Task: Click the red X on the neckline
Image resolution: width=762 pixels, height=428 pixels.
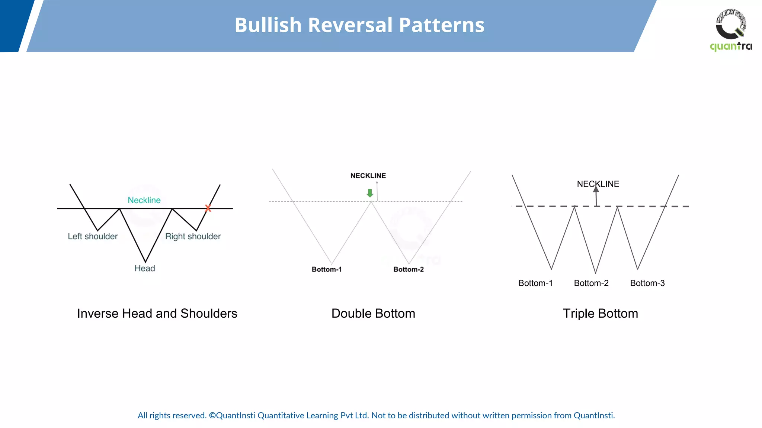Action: coord(208,208)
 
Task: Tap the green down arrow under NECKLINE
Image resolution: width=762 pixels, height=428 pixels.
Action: coord(370,193)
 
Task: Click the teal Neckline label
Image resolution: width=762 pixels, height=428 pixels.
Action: coord(144,200)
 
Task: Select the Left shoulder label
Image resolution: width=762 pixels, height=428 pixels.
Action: coord(93,236)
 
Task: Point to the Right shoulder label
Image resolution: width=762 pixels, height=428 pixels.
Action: coord(193,236)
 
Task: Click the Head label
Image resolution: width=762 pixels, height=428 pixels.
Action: coord(145,268)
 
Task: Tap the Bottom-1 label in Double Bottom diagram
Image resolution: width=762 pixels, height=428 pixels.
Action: coord(327,269)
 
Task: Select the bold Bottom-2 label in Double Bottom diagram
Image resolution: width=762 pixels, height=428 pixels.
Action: coord(409,269)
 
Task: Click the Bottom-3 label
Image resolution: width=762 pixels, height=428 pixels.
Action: coord(647,283)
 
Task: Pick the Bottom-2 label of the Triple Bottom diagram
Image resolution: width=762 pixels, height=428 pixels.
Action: coord(591,283)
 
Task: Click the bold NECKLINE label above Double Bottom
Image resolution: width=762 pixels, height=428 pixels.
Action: coord(368,176)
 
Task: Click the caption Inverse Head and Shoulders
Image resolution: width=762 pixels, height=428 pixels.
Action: coord(157,314)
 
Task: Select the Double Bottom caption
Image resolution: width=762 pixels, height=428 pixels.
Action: coord(373,314)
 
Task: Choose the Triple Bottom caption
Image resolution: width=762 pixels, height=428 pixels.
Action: coord(600,314)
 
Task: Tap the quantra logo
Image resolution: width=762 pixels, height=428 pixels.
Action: coord(731,30)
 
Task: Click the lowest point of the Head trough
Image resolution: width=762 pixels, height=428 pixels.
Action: coord(145,262)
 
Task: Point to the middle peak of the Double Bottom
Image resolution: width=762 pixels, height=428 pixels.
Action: coord(371,202)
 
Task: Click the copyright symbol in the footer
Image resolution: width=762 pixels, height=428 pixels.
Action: coord(212,415)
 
